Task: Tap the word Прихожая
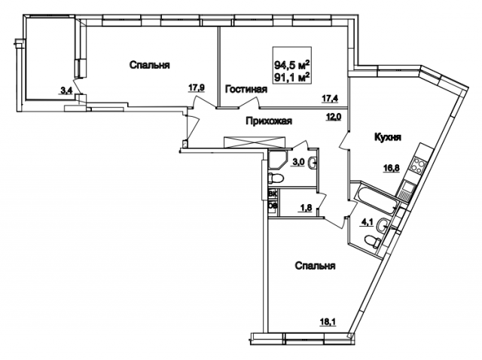pos(267,121)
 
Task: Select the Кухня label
pos(385,138)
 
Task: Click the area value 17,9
pos(197,87)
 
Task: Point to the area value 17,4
pos(330,97)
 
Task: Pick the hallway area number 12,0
pos(333,117)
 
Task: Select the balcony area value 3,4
pos(66,92)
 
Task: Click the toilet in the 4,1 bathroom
pos(370,240)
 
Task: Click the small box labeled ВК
pos(273,194)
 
